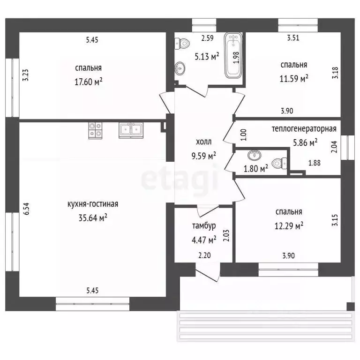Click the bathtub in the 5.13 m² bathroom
(x=233, y=55)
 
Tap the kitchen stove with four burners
(x=95, y=130)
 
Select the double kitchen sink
(x=131, y=130)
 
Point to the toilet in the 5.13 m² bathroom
(x=182, y=44)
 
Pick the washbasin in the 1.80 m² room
(x=255, y=156)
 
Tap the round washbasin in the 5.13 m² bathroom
(x=180, y=68)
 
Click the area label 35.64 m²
(x=93, y=217)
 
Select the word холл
(x=203, y=142)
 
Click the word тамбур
(x=204, y=226)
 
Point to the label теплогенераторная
(x=304, y=128)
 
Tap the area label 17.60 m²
(x=89, y=82)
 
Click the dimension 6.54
(x=27, y=209)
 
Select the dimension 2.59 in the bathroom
(x=207, y=38)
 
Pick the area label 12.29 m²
(x=289, y=226)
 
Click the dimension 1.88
(x=315, y=163)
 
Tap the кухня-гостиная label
(x=93, y=204)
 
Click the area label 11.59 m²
(x=293, y=79)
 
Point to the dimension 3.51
(x=293, y=37)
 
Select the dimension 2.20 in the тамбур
(x=204, y=255)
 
